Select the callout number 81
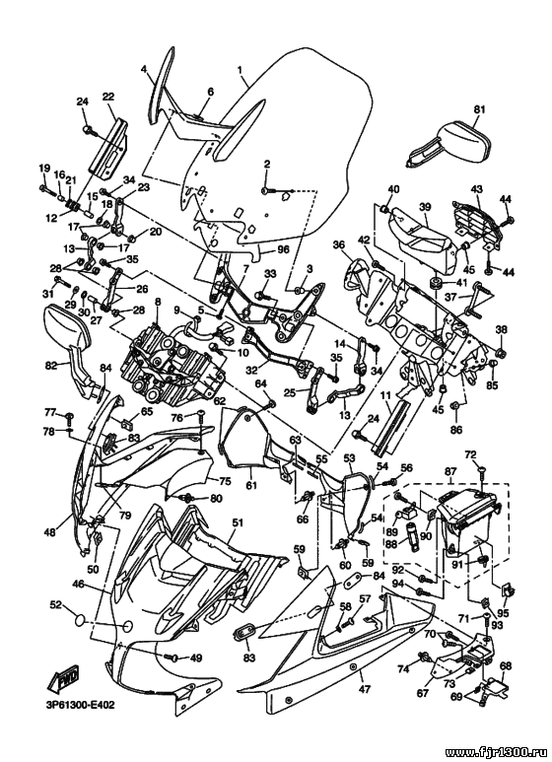[480, 109]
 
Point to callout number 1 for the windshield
[241, 69]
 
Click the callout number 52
[56, 604]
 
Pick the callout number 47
[365, 689]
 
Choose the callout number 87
[450, 471]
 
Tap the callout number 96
[283, 249]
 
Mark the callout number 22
[107, 97]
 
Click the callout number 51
[238, 522]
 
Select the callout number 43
[477, 188]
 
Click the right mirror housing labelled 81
[448, 144]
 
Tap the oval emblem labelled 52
[79, 622]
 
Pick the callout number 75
[225, 481]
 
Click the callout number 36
[339, 243]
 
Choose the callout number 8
[157, 302]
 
